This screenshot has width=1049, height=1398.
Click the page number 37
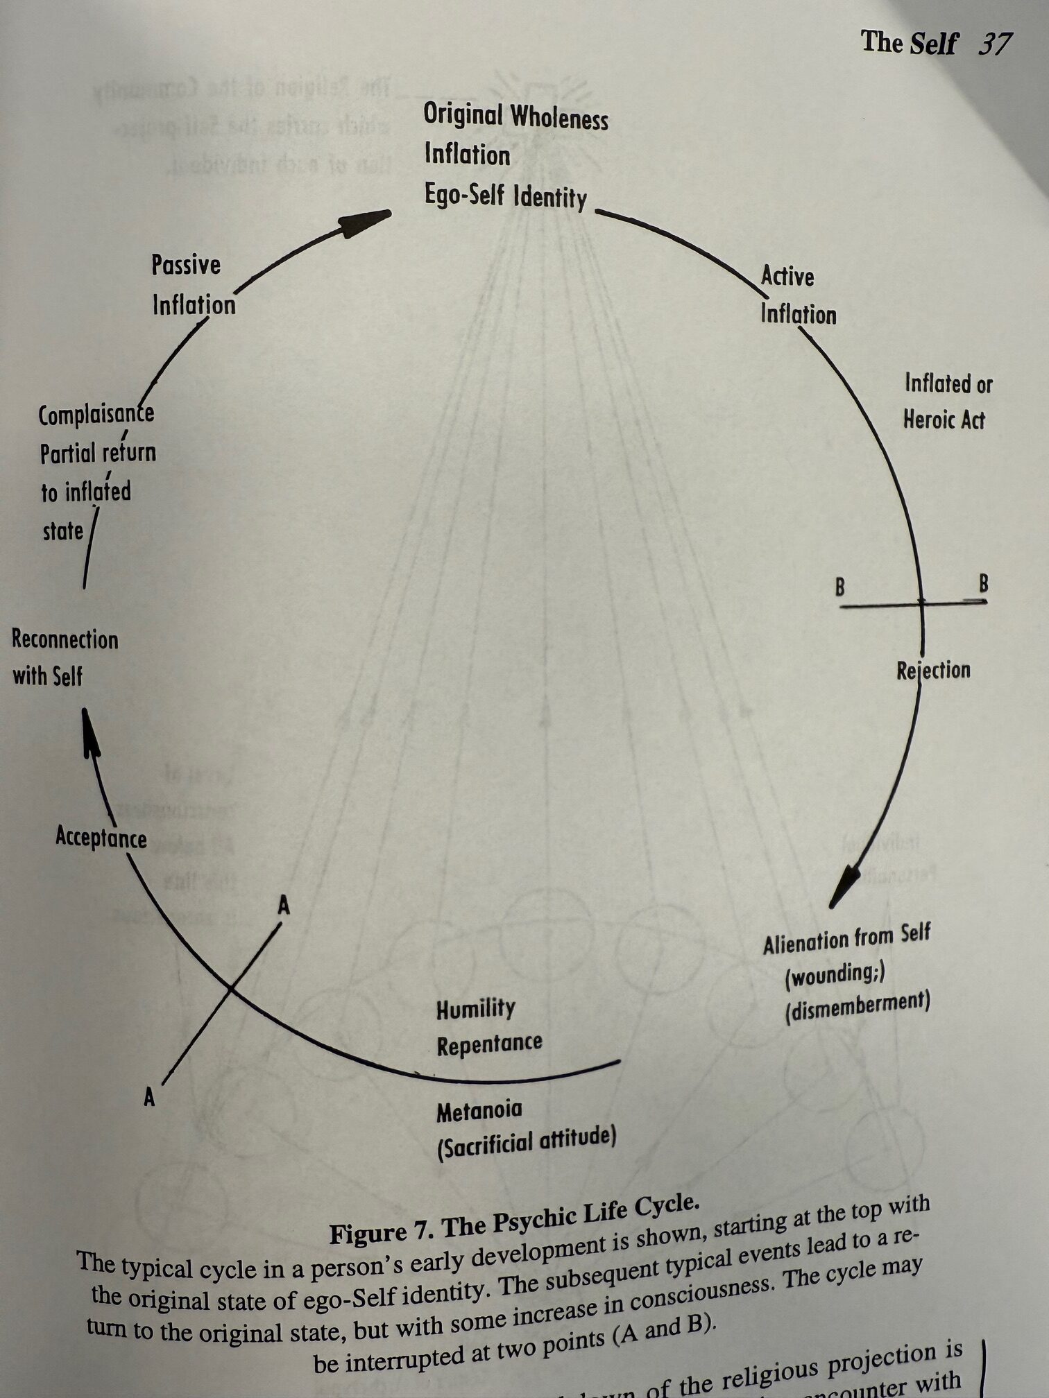tap(994, 44)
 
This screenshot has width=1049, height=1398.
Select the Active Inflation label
tap(797, 295)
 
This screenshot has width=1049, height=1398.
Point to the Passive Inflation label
tap(193, 285)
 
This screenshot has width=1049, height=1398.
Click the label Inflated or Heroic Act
tap(946, 402)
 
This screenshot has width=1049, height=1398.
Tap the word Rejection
tap(932, 671)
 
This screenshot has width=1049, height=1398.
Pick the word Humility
tap(475, 1009)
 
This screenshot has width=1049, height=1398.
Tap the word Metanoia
tap(479, 1112)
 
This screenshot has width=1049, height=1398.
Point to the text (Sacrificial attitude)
tap(526, 1143)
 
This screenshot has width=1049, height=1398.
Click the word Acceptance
tap(101, 837)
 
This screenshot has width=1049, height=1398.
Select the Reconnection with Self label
tap(64, 657)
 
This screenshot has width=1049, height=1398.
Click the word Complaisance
tap(96, 415)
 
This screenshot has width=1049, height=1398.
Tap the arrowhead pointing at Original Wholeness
tap(366, 222)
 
